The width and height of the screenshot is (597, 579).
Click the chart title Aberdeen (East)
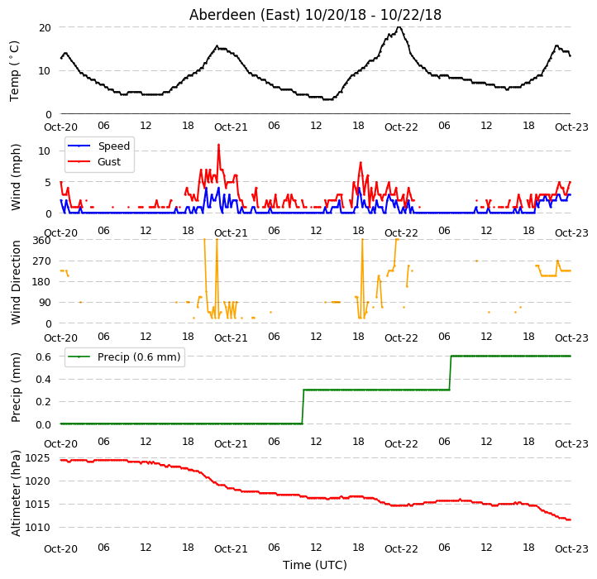click(x=245, y=15)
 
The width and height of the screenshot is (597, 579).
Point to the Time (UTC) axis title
click(x=314, y=565)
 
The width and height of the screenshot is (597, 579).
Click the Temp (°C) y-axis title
click(x=14, y=71)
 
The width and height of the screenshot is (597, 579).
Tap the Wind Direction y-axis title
click(x=16, y=282)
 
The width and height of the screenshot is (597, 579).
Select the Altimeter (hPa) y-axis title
click(x=16, y=493)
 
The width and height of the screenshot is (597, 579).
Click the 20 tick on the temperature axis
click(x=45, y=27)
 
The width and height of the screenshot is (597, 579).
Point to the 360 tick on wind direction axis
click(x=42, y=241)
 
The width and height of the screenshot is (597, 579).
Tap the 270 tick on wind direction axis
click(x=42, y=261)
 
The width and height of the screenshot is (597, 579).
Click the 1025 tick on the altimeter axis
click(x=38, y=458)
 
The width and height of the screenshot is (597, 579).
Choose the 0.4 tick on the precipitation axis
click(x=43, y=380)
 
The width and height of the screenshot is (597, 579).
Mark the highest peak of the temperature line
click(x=399, y=27)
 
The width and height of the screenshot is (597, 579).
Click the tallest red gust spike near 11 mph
click(x=218, y=145)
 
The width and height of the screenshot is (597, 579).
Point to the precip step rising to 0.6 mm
click(x=451, y=373)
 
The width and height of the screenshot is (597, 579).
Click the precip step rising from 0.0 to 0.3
click(x=303, y=407)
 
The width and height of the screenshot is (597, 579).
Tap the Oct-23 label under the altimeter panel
click(x=571, y=549)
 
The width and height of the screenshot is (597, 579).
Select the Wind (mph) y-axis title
click(x=16, y=177)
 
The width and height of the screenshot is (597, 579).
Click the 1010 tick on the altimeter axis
click(x=38, y=528)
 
